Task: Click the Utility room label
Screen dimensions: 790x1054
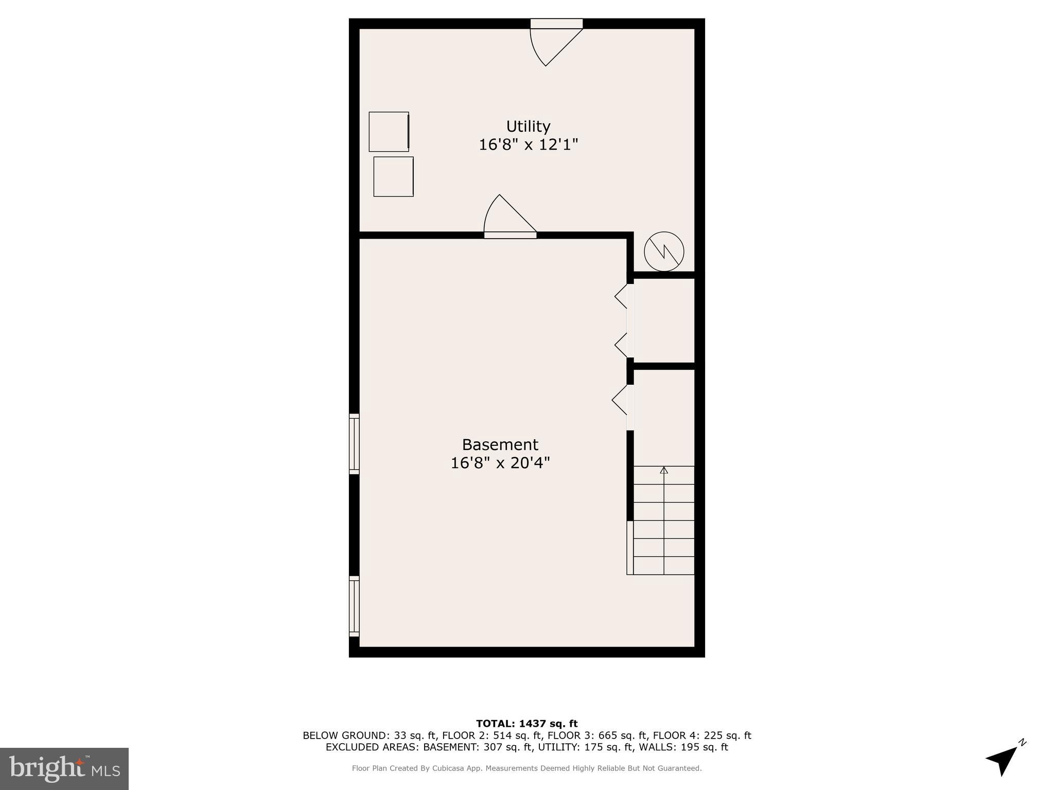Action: pyautogui.click(x=528, y=127)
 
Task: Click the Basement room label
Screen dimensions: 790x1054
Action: pyautogui.click(x=500, y=445)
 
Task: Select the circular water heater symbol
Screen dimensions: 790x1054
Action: pyautogui.click(x=664, y=252)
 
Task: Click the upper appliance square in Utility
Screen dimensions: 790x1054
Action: pyautogui.click(x=389, y=132)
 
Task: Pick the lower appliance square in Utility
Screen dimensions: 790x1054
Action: pyautogui.click(x=393, y=176)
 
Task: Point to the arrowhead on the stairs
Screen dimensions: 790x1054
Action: pyautogui.click(x=664, y=470)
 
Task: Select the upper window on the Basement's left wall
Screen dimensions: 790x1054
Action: pyautogui.click(x=354, y=443)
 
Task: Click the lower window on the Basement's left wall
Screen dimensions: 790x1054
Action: pyautogui.click(x=354, y=607)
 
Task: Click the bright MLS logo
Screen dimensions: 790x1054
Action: pyautogui.click(x=64, y=768)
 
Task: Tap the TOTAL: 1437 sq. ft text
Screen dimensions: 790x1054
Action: pyautogui.click(x=526, y=724)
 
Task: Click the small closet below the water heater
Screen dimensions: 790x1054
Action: pyautogui.click(x=664, y=321)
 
